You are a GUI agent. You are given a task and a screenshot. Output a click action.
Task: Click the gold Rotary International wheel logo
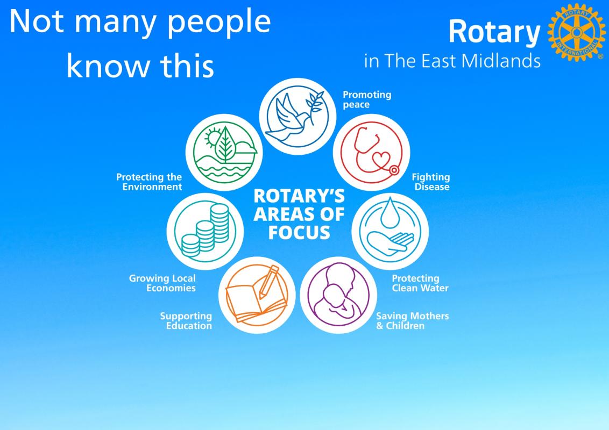pos(576,32)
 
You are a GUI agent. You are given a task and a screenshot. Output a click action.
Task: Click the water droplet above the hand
pos(390,213)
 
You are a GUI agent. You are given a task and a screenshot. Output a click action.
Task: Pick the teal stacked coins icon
pos(205,231)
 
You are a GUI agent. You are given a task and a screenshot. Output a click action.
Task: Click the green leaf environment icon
pos(224,152)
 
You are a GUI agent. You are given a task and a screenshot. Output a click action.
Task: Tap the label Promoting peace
pos(367,100)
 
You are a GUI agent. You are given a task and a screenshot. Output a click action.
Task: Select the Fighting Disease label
pos(431,182)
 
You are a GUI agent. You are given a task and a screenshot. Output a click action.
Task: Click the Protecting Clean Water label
pos(420,283)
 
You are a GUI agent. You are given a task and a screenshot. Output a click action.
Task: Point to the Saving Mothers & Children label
pos(413,321)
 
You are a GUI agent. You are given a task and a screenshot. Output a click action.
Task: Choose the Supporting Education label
pos(186,321)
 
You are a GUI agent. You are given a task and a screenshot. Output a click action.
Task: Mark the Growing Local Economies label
pos(162,283)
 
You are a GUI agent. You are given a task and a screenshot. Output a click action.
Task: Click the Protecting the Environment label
pos(149,182)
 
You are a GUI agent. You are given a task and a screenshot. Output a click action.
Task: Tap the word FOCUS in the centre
pos(299,232)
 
